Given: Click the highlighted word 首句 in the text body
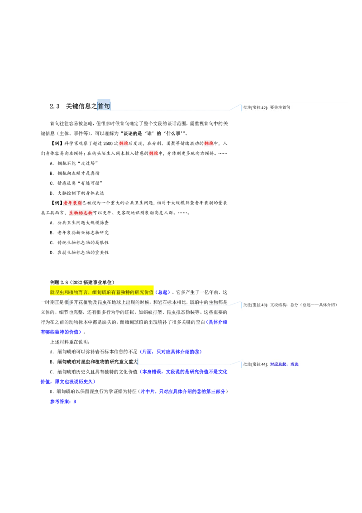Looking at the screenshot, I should (104, 106).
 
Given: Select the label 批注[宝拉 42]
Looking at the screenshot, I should (255, 108).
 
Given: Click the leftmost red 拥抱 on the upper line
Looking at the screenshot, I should (124, 144).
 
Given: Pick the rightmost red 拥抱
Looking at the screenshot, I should (209, 144).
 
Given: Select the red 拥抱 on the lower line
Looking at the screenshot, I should (154, 154).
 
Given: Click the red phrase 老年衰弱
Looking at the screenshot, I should (72, 203).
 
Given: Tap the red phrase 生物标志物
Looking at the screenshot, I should (81, 213).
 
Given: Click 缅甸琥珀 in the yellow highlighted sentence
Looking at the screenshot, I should (100, 292).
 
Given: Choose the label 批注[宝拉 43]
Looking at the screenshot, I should (255, 305).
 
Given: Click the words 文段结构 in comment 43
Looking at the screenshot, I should (279, 305).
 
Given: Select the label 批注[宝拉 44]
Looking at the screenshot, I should (255, 364).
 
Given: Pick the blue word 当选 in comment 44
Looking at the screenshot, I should (294, 364).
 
